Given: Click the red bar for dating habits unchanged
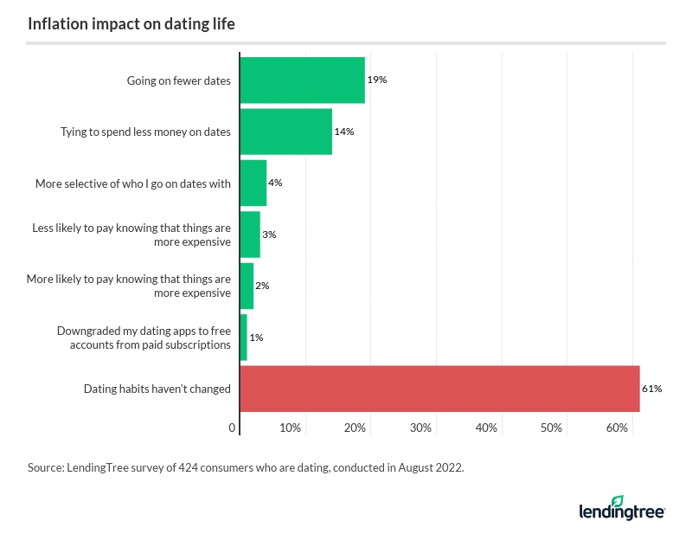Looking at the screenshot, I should (x=439, y=389).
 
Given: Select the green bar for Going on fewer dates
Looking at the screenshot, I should (x=302, y=80).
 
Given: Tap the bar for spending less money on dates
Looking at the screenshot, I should (x=285, y=132).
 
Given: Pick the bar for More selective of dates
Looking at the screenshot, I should (x=253, y=183).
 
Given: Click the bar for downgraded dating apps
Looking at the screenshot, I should (x=243, y=338).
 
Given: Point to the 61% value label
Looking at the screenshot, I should (x=651, y=389).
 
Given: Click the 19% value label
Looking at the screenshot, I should (x=376, y=80).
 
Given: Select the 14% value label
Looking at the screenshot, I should (x=343, y=132).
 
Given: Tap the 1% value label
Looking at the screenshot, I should (x=257, y=338).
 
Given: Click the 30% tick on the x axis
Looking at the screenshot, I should (x=420, y=428).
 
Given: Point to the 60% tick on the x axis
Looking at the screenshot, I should (x=617, y=428).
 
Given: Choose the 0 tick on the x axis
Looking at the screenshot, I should (x=233, y=428).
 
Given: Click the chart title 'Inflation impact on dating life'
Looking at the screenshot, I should (x=131, y=24).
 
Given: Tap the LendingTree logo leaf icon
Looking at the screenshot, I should (x=617, y=501).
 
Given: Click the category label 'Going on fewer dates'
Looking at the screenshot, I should (x=178, y=81).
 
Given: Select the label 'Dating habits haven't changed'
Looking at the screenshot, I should (x=157, y=389).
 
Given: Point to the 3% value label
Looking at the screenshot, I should (x=269, y=235).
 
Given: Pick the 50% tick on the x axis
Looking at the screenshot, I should (x=551, y=428).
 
